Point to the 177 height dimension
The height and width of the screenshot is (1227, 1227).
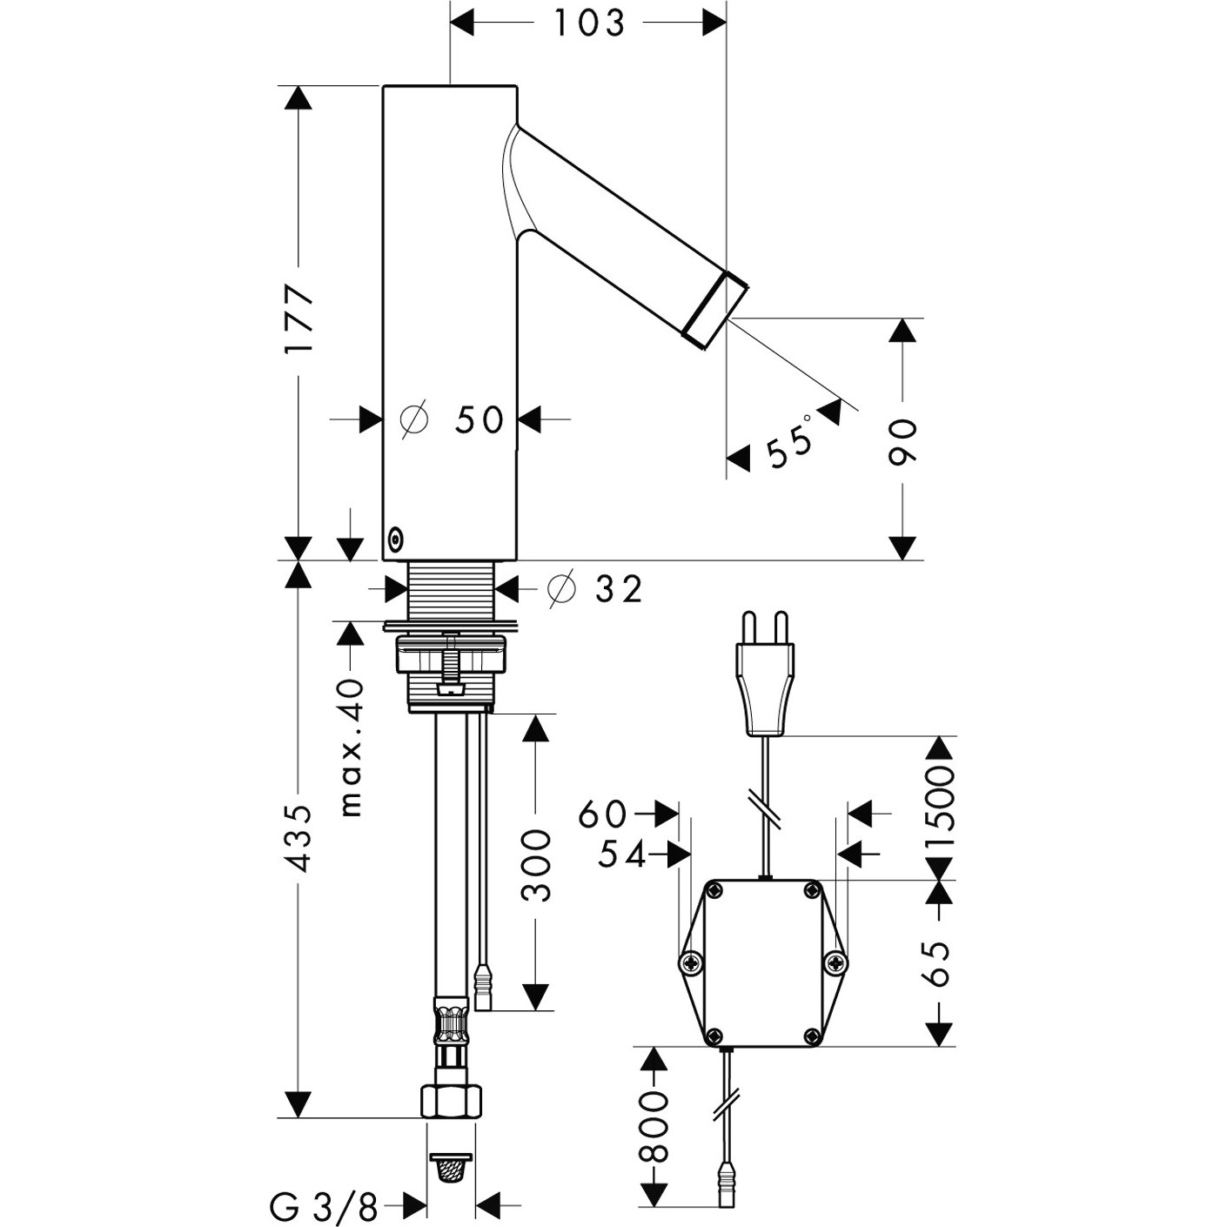(x=298, y=318)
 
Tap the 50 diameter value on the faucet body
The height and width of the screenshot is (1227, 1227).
(x=479, y=420)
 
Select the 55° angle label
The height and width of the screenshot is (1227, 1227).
(x=789, y=440)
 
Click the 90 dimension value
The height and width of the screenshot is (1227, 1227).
(x=902, y=442)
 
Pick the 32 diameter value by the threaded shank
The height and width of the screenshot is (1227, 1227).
(x=618, y=590)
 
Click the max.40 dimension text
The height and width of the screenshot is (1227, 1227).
(x=350, y=748)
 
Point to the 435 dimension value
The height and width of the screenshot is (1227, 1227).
(x=298, y=838)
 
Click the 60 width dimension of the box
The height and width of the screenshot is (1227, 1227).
(x=602, y=814)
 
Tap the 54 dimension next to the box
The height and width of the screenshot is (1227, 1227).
(x=622, y=856)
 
